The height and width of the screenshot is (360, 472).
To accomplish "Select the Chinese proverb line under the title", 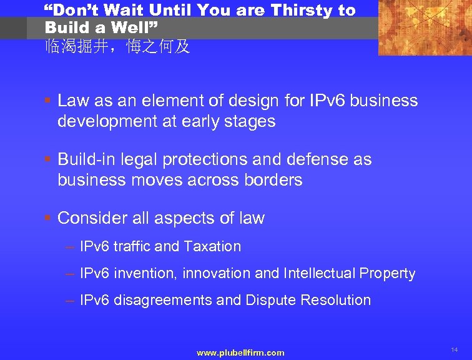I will (117, 47).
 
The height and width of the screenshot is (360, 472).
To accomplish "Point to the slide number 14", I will (455, 350).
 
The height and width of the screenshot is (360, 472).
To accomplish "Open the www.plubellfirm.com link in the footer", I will (240, 353).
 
